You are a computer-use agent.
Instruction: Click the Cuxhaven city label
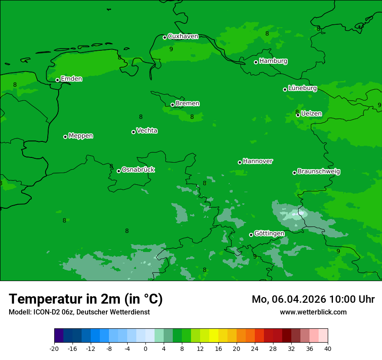[183, 36]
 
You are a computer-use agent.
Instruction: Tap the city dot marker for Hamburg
[256, 62]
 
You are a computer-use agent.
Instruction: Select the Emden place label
[71, 79]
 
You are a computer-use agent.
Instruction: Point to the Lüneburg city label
[302, 88]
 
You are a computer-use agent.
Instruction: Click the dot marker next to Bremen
[172, 105]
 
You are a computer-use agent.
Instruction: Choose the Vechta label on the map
[147, 131]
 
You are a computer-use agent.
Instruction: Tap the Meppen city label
[81, 136]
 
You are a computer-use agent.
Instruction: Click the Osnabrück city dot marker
[119, 171]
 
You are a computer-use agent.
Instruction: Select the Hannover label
[258, 161]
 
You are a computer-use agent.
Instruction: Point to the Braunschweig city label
[319, 172]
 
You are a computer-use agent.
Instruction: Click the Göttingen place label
[269, 233]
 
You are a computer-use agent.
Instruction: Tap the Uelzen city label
[311, 114]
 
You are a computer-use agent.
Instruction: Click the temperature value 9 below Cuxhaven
[171, 49]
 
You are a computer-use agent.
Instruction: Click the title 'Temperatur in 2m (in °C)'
[86, 299]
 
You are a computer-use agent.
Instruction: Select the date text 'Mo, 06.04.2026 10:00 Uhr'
[313, 299]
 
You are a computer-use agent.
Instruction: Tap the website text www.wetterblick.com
[313, 312]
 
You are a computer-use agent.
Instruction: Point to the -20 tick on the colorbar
[54, 348]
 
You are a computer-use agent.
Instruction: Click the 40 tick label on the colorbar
[328, 348]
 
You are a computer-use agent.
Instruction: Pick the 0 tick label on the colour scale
[145, 348]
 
